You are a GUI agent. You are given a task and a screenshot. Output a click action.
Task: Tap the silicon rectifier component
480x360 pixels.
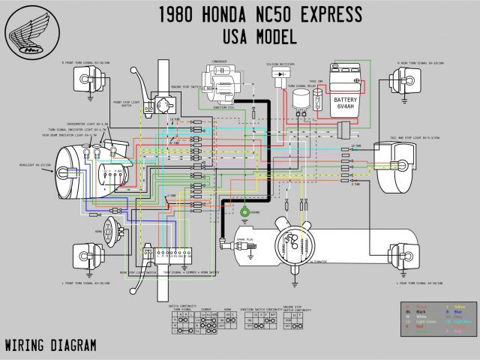tap(282, 75)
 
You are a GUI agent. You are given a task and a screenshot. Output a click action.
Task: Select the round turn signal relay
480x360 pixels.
tap(301, 99)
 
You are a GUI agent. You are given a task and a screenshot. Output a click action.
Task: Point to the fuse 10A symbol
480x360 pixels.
tap(318, 101)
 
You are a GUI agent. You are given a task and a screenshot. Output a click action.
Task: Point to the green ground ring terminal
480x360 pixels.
tap(244, 212)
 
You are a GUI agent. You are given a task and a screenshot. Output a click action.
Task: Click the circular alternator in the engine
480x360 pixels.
tap(289, 240)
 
